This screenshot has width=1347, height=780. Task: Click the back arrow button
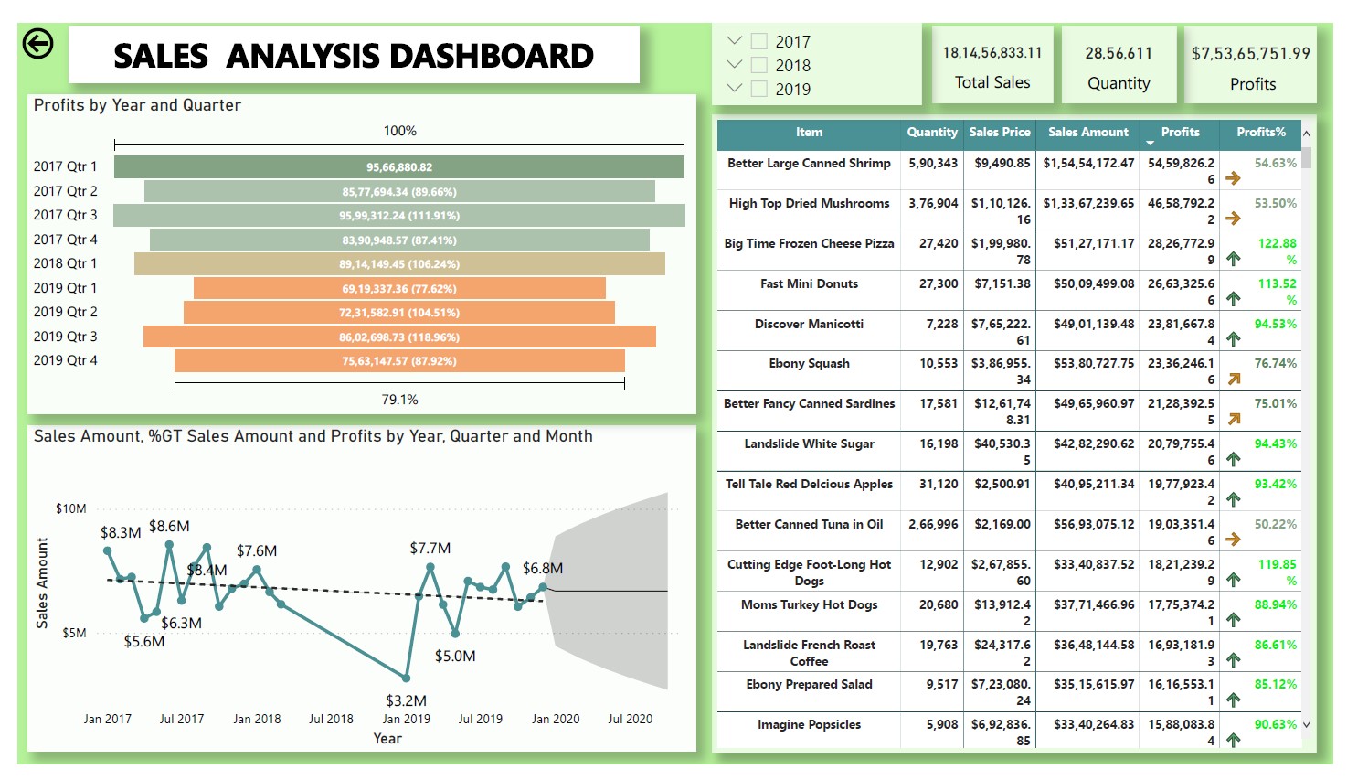click(37, 44)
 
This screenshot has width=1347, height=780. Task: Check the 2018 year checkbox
click(758, 65)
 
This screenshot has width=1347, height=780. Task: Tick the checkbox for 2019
click(758, 89)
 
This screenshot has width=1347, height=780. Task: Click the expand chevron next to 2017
click(734, 40)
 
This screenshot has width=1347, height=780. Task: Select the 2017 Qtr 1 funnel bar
click(399, 167)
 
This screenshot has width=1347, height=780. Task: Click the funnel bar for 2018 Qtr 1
click(399, 264)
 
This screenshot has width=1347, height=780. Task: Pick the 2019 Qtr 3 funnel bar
click(399, 337)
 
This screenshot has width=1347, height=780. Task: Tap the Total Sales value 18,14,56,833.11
click(992, 53)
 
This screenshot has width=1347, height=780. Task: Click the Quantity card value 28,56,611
click(1119, 53)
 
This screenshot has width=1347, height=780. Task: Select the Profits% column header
click(1261, 133)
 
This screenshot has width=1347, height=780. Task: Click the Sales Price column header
click(1000, 133)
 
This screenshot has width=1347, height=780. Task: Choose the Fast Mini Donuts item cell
click(809, 284)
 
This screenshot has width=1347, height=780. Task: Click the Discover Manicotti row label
click(809, 325)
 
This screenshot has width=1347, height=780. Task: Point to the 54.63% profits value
click(1275, 164)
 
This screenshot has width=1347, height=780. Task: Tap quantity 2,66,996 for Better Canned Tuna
click(933, 525)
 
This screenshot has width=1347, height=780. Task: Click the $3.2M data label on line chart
click(406, 700)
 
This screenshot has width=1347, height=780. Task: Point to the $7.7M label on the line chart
click(430, 549)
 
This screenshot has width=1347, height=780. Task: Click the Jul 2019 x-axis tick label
click(481, 719)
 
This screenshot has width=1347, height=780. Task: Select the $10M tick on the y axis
click(71, 508)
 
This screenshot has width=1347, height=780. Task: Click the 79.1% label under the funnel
click(399, 400)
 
